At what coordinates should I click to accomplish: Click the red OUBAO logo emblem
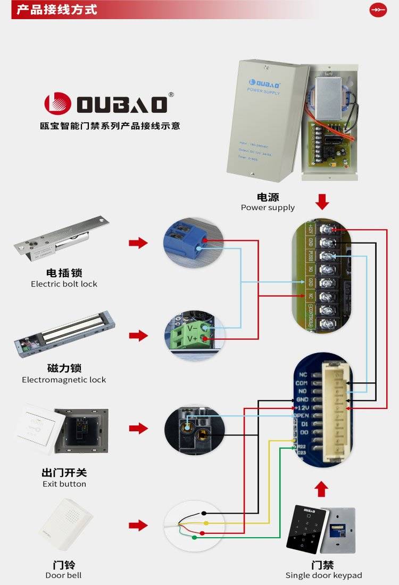(57, 104)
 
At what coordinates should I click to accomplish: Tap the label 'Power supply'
(268, 207)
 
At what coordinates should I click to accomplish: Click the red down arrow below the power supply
(322, 202)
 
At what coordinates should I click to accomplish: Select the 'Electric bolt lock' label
(64, 284)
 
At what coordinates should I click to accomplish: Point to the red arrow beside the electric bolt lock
(138, 243)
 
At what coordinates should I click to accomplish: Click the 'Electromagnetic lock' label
(64, 380)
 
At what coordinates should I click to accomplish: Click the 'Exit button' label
(64, 484)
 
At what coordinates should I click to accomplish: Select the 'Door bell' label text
(63, 575)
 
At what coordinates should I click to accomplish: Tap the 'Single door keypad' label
(323, 575)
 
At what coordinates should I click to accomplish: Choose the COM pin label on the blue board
(302, 383)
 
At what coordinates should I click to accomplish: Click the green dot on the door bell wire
(194, 538)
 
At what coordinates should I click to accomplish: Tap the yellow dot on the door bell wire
(205, 524)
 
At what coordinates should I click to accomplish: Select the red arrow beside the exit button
(138, 428)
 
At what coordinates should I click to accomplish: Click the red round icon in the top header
(378, 10)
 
